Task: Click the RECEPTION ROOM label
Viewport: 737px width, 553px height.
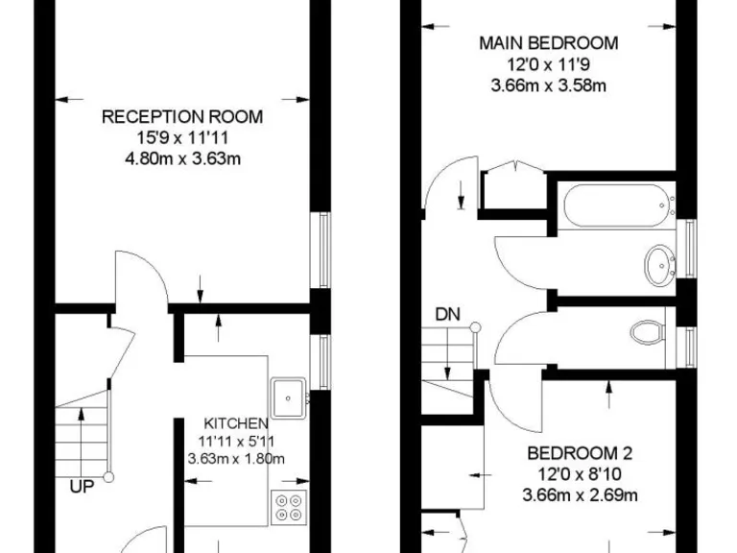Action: pos(182,117)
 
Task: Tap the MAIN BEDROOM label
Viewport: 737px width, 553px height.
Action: pos(548,43)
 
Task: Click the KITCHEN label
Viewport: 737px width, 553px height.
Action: pos(235,422)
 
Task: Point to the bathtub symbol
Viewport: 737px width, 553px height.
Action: pos(615,203)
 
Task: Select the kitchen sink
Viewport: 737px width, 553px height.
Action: pos(288,394)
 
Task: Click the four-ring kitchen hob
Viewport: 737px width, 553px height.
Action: pos(288,506)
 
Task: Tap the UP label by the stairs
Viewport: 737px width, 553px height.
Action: pos(82,487)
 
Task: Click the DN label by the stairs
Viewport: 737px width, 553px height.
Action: pos(446,313)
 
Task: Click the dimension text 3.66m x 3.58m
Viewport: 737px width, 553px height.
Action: pos(548,85)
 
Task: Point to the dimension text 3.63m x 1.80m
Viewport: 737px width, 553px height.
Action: pos(235,458)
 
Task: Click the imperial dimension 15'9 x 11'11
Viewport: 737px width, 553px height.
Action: pos(182,138)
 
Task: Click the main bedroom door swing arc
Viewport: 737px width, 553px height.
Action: pos(441,182)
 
